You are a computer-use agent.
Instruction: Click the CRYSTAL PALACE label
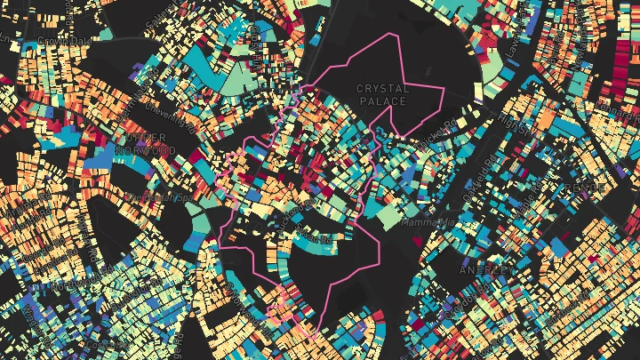point(383,94)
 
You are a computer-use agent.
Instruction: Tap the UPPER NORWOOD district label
point(151,145)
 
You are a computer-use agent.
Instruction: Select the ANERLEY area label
point(483,268)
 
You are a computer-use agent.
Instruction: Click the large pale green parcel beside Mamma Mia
point(388,217)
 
